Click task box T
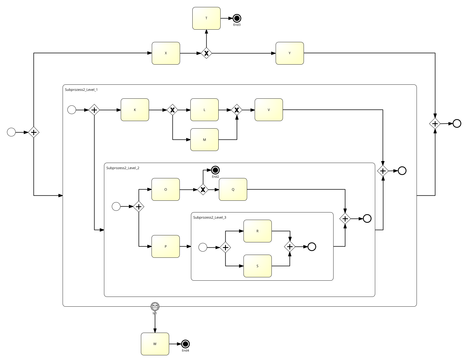tap(206, 18)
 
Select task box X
tap(166, 53)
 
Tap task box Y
tap(290, 53)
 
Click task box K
tap(135, 110)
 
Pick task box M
tap(204, 140)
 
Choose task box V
tap(269, 110)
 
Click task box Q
tap(233, 190)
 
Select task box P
tap(166, 247)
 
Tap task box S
tap(257, 266)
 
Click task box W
tap(155, 344)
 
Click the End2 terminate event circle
tap(215, 170)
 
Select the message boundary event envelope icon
tap(155, 307)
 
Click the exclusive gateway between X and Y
tap(206, 53)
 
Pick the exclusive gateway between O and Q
tap(203, 190)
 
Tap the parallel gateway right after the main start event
tap(34, 132)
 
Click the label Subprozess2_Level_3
tap(210, 217)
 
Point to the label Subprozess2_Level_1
tap(81, 90)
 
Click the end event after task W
tap(185, 344)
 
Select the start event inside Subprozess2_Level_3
tap(203, 247)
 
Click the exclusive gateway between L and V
tap(237, 110)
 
